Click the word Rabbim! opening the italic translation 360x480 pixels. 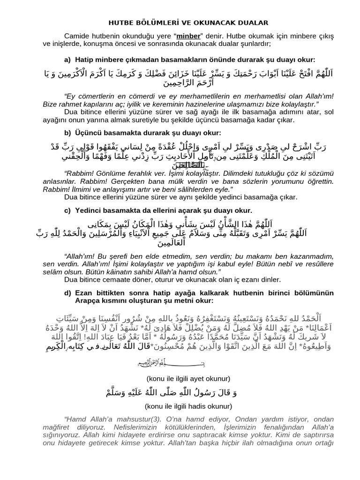tap(81, 172)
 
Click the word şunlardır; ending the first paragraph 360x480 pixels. tap(253, 45)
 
